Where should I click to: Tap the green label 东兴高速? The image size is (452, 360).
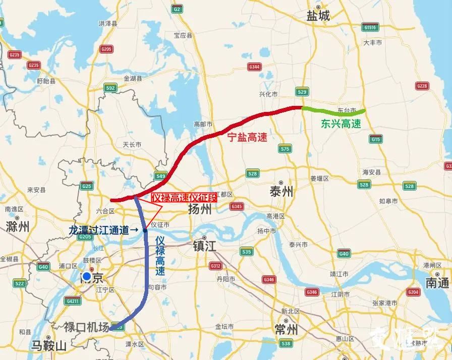coord(341,124)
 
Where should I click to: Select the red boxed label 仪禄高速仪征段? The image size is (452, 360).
coord(184,198)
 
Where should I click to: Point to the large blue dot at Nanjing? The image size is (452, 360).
coord(87,277)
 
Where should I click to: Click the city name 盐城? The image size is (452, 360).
coord(318,16)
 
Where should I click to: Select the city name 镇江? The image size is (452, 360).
coord(204,247)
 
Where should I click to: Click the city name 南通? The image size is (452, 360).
coord(437,283)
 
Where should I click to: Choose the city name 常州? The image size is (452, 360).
coord(285,330)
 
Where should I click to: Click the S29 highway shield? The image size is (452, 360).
coord(303,92)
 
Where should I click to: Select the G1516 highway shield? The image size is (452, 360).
coord(370,27)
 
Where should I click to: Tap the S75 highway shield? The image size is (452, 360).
coord(285,149)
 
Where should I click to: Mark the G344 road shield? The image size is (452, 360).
coord(254,67)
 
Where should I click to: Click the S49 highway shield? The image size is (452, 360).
coord(161,176)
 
